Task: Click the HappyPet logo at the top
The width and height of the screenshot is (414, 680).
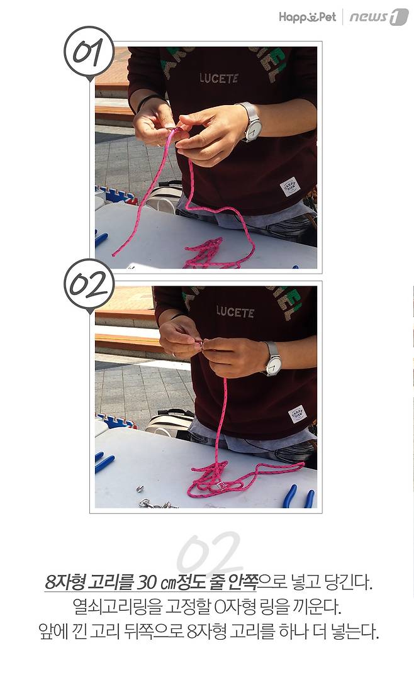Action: pyautogui.click(x=307, y=17)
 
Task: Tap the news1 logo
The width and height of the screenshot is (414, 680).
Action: pyautogui.click(x=379, y=17)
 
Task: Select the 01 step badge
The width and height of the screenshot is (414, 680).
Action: pyautogui.click(x=89, y=52)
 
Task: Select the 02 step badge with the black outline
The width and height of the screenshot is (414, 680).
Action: pyautogui.click(x=89, y=286)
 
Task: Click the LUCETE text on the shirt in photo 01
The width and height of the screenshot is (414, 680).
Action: pyautogui.click(x=219, y=79)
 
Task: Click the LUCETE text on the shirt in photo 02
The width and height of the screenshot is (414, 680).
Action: pyautogui.click(x=235, y=312)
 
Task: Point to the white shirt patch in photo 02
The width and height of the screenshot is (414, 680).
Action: pyautogui.click(x=297, y=414)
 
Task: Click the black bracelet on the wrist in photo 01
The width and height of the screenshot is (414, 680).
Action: pyautogui.click(x=147, y=101)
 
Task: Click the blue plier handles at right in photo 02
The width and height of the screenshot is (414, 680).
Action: pyautogui.click(x=299, y=496)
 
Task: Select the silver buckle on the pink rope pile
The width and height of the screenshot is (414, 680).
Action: pyautogui.click(x=220, y=485)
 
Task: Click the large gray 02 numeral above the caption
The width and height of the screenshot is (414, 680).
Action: pyautogui.click(x=209, y=554)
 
